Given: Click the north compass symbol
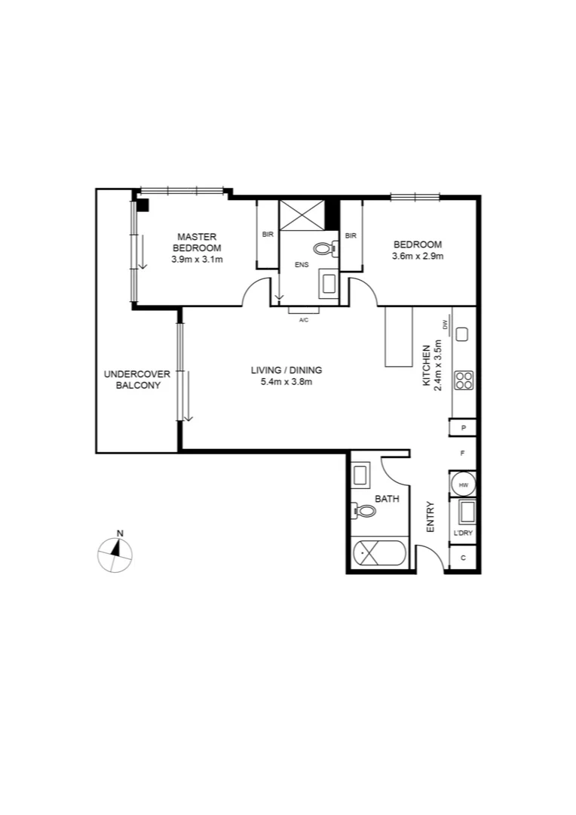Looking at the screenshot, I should coord(115,553).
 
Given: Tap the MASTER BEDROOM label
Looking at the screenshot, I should coord(197,242).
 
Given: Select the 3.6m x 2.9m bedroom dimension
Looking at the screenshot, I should coord(417,256).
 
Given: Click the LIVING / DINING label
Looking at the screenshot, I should coord(286,370).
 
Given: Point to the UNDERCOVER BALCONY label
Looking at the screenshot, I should coord(137,380).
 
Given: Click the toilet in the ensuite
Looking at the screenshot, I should coord(324,248).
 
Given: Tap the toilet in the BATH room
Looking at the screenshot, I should coord(364,511).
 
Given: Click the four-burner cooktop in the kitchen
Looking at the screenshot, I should coord(463,380).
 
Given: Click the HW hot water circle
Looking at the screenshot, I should coord(463,484).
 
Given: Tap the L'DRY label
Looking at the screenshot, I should coord(462,534).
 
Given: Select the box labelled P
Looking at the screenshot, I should coord(463,429).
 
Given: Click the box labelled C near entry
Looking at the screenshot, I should coord(462,558).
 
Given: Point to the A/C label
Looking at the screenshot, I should coord(304,320).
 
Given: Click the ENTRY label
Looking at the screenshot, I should coord(430,518).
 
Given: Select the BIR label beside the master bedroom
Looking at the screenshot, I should coord(268,235).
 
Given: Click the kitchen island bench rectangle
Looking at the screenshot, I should coord(399,337).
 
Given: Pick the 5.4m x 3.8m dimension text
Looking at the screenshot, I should coord(286,382).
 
